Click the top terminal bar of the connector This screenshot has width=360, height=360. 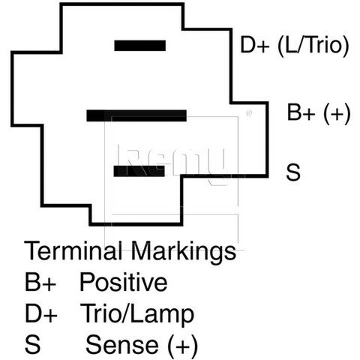coord(140,46)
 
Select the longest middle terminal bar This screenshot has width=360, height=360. coord(136,115)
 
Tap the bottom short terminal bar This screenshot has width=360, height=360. coord(139,171)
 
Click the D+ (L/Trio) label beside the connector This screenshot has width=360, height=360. coord(295,46)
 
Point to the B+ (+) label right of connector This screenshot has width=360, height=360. coord(319,113)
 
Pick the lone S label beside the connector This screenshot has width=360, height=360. coord(293,172)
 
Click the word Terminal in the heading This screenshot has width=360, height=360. coord(73,250)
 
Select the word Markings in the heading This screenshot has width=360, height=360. coord(183,252)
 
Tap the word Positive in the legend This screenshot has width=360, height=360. coord(124,282)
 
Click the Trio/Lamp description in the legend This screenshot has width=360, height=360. coord(137,314)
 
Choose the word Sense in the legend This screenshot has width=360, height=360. coord(122,345)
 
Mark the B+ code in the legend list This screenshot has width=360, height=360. coord(40,282)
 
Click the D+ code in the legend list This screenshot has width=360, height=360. coord(41,313)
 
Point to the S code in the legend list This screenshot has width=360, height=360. coord(32,345)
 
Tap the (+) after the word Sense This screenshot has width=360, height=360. coord(183,346)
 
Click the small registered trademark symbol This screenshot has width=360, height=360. coord(249,113)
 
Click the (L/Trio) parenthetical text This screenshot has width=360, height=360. coord(313,46)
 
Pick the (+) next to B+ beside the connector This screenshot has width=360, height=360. coord(337,113)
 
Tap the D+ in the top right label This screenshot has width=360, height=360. coord(255,45)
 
